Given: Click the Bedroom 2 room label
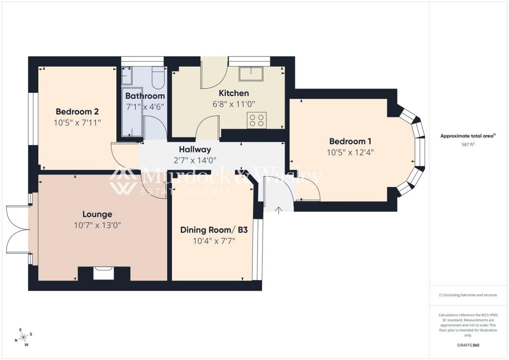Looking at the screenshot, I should (74, 111).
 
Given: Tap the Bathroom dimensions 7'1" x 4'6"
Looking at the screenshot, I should (145, 106).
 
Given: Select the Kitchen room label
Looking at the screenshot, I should (234, 93).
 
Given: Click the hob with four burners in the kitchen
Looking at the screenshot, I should (257, 120).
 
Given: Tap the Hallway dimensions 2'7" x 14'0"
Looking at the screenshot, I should (195, 160).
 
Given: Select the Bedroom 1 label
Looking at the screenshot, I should (350, 141).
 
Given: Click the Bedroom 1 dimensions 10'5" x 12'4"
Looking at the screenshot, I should (350, 152).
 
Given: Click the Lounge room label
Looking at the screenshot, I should (97, 214).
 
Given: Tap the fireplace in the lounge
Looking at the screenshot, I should (104, 273).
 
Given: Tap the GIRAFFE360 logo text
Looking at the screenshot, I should (468, 345).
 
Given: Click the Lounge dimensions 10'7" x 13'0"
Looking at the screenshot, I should (97, 225).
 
